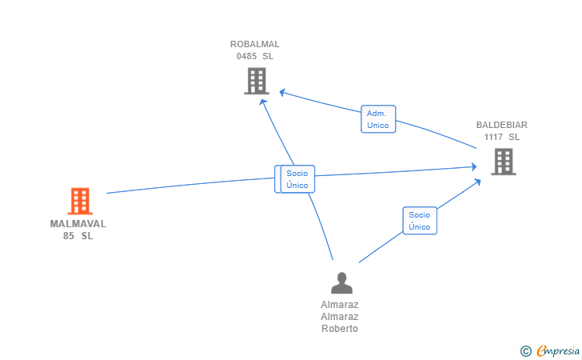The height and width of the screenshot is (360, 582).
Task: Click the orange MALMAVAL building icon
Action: (x=80, y=201)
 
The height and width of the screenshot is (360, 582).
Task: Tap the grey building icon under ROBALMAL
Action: (x=257, y=81)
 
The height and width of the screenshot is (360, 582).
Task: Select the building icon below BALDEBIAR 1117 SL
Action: (x=504, y=162)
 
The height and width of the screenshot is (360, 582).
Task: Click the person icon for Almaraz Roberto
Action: (x=341, y=283)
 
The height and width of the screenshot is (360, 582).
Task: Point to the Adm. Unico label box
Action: (x=378, y=119)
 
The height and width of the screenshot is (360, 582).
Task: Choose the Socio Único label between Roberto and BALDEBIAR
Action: (x=420, y=221)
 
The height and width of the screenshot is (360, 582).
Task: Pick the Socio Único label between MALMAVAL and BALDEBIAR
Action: (x=297, y=179)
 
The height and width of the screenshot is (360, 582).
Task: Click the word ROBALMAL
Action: (x=254, y=44)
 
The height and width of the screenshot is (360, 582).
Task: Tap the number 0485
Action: (x=246, y=56)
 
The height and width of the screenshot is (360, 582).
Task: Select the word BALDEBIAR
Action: (x=502, y=125)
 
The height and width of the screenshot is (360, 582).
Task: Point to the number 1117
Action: (x=493, y=137)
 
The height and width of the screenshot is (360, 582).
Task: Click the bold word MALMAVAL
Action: (x=78, y=224)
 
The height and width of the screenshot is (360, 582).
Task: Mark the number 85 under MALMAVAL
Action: (x=68, y=236)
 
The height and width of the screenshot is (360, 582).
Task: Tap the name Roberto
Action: (x=340, y=329)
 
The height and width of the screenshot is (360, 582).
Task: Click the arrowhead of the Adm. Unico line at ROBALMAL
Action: (x=282, y=92)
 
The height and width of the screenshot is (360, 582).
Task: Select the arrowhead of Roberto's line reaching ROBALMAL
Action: (x=263, y=102)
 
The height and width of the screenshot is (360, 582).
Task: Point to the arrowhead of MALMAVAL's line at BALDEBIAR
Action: (x=473, y=167)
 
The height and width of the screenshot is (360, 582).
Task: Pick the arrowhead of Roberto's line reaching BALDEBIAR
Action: (x=477, y=182)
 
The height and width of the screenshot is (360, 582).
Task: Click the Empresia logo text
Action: (x=558, y=350)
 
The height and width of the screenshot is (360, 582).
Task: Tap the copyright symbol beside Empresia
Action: (x=525, y=351)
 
